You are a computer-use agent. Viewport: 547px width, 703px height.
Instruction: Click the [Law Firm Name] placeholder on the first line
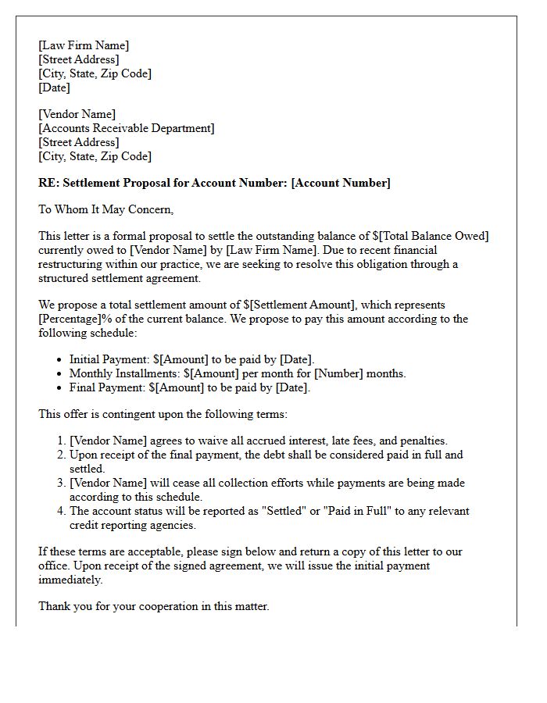[x=84, y=45]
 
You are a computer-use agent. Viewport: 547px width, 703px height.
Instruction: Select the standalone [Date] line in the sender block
[x=54, y=87]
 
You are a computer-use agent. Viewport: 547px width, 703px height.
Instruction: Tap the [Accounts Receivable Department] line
[x=127, y=128]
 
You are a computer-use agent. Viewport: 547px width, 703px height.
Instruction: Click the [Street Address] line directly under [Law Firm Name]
[x=79, y=59]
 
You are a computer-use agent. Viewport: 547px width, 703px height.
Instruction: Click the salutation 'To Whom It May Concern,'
[x=106, y=209]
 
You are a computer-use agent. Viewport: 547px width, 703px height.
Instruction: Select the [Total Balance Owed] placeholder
[x=434, y=236]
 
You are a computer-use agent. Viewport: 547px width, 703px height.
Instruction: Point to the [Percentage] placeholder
[x=73, y=319]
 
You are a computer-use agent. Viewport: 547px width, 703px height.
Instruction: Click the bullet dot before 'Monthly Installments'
[x=60, y=373]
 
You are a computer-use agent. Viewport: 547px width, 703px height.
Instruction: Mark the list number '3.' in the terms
[x=62, y=483]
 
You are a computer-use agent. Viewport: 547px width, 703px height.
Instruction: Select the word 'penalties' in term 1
[x=421, y=441]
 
